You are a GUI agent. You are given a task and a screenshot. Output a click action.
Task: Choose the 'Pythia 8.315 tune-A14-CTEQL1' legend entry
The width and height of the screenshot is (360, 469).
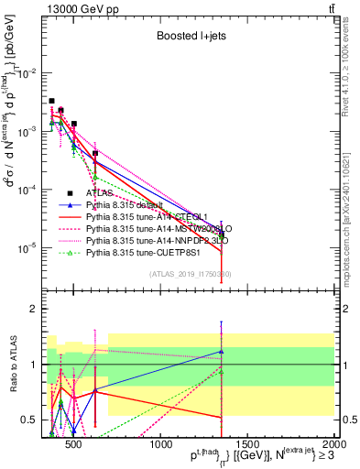coord(139,217)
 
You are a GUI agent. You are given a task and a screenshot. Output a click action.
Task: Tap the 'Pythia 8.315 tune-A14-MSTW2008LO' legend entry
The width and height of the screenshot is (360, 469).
coord(146,228)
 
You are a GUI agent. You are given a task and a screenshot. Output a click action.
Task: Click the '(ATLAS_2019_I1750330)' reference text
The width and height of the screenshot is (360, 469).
coord(189,274)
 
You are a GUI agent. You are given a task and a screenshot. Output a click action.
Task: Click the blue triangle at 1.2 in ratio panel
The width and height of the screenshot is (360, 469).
coord(221,351)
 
